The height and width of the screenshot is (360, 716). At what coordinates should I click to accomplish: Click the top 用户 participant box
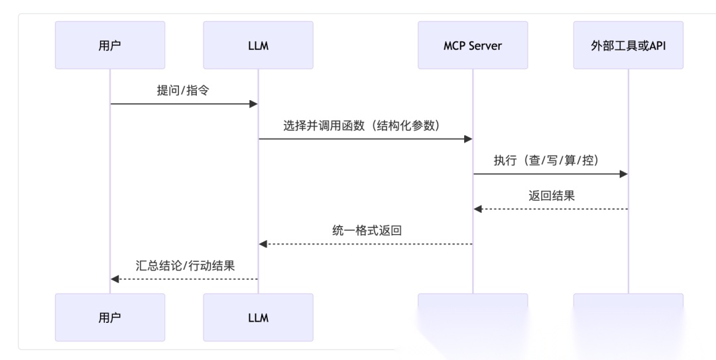point(110,46)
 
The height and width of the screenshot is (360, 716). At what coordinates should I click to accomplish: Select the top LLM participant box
point(258,46)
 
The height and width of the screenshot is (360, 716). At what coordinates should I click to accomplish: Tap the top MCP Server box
point(473,46)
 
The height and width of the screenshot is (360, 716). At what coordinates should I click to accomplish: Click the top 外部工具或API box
point(628,46)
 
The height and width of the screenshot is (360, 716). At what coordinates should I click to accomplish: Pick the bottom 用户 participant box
point(110,318)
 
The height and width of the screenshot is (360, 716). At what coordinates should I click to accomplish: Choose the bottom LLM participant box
point(258,318)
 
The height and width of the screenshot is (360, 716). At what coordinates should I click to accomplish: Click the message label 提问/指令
point(183,91)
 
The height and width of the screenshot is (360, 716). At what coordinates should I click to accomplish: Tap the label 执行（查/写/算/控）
point(550,160)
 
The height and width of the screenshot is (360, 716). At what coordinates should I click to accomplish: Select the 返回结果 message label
point(550,196)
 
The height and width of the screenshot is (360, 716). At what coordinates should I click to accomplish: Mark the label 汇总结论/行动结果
point(184,265)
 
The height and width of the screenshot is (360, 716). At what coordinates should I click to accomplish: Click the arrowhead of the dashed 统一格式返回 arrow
point(263,244)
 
